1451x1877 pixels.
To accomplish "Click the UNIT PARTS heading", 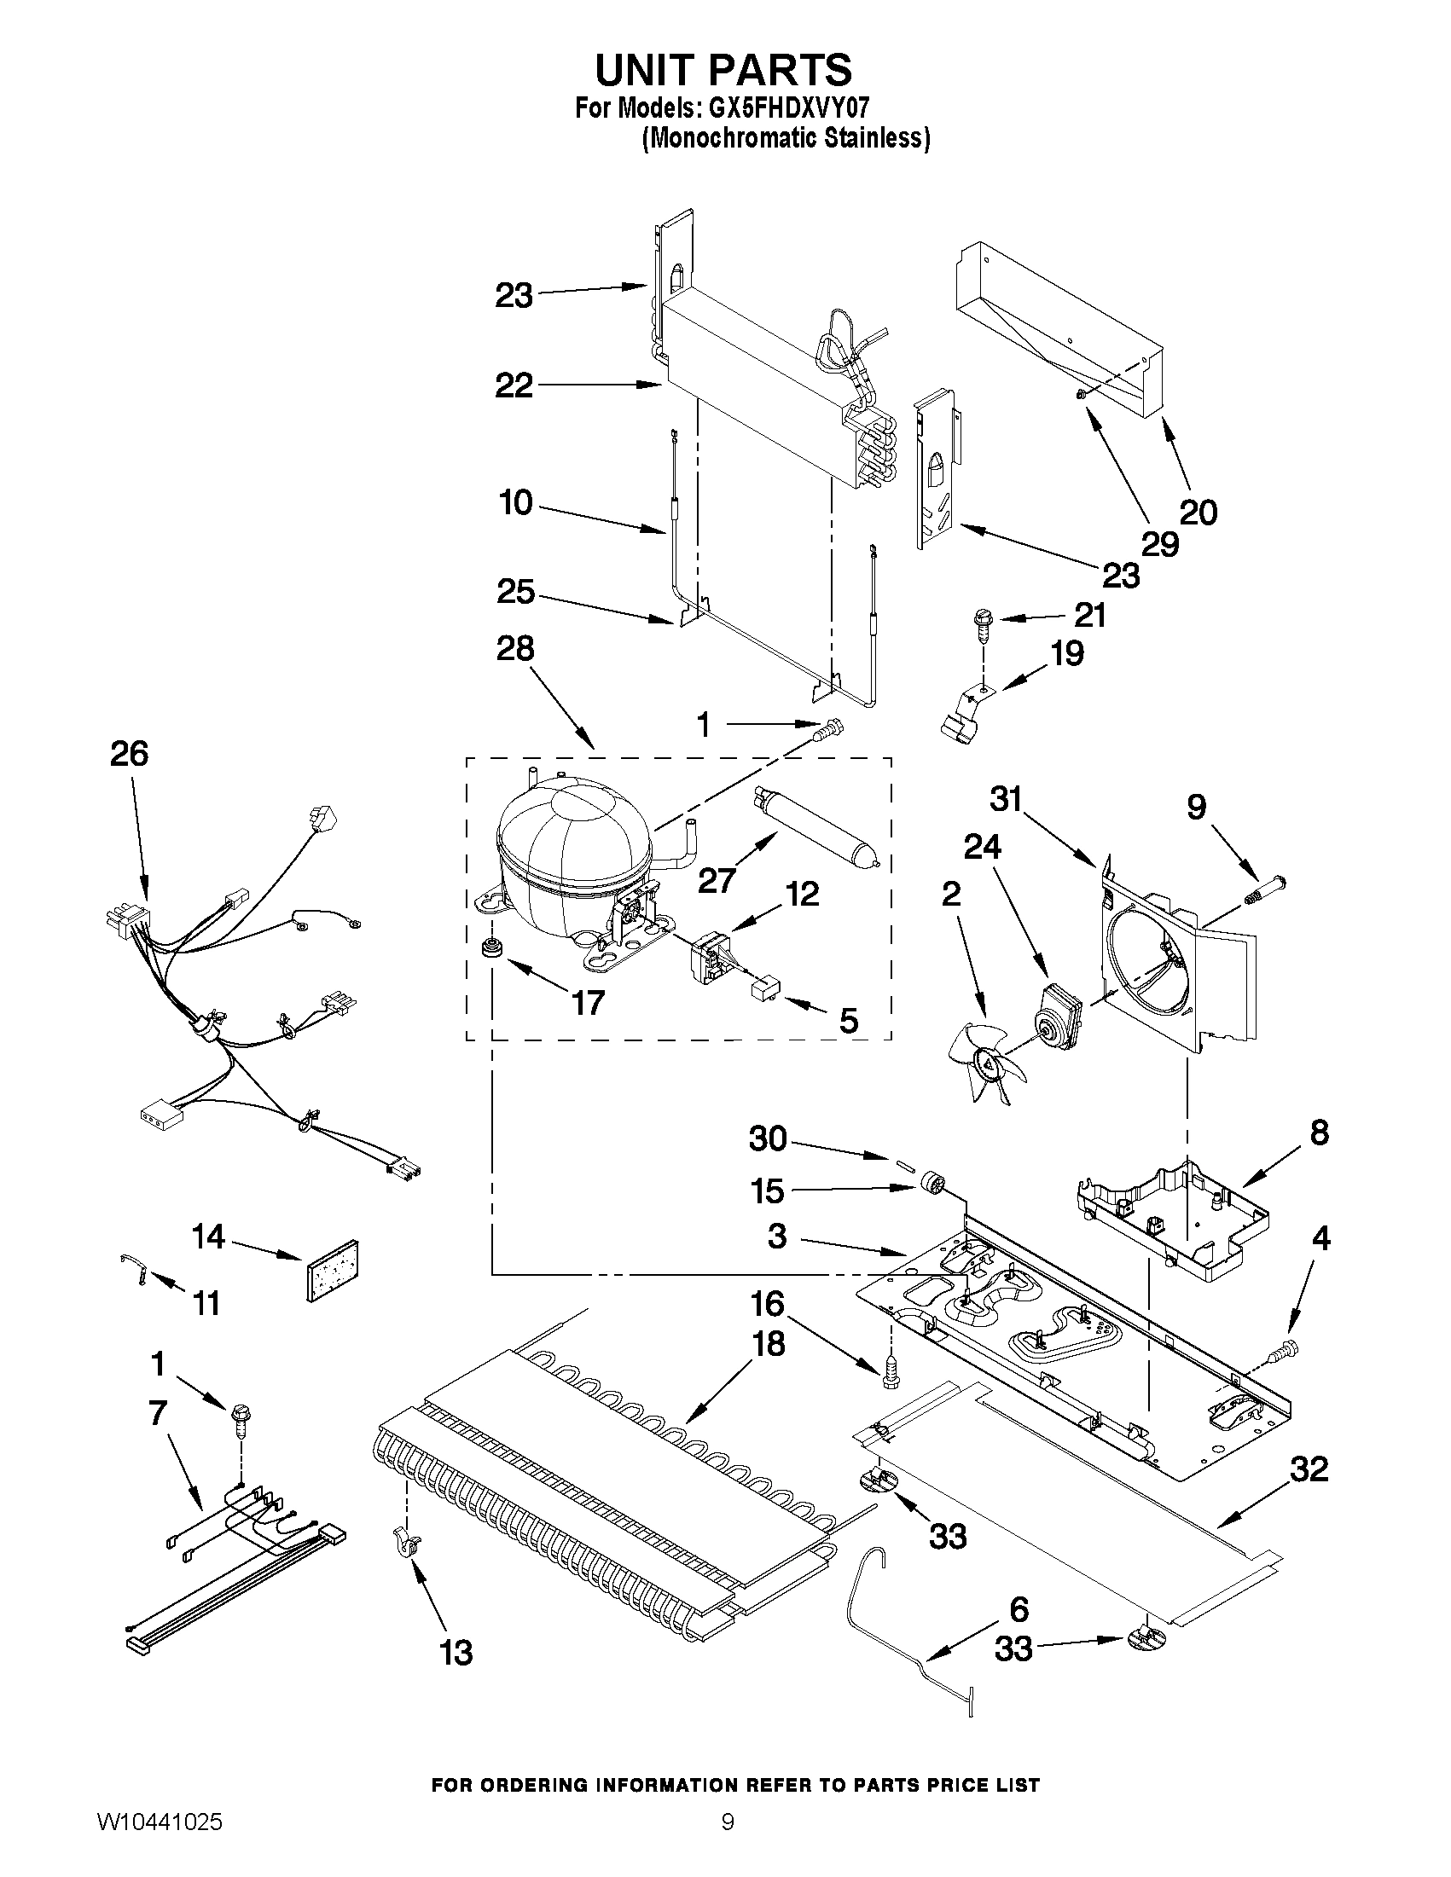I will pyautogui.click(x=723, y=70).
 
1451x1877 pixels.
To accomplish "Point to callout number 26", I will pyautogui.click(x=129, y=754).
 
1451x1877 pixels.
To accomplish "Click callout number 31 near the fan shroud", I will pyautogui.click(x=1006, y=799).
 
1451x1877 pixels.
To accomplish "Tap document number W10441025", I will pyautogui.click(x=159, y=1840).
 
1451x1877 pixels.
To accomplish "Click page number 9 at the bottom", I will pyautogui.click(x=728, y=1840).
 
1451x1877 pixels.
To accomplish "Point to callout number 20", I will pyautogui.click(x=1199, y=513).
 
